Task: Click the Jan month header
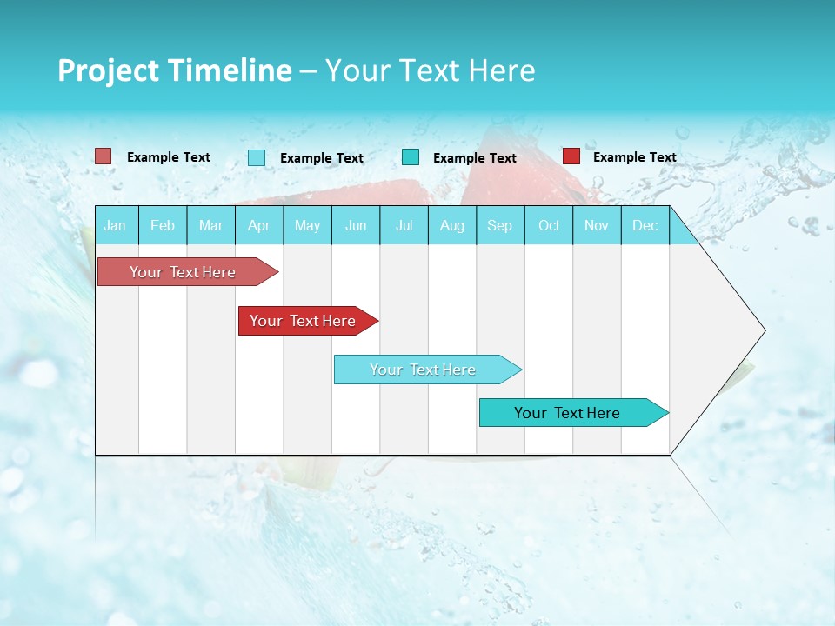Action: coord(115,225)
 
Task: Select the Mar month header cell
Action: coord(210,225)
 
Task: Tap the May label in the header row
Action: coord(307,225)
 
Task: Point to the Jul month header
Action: coord(404,225)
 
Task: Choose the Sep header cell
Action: coord(499,225)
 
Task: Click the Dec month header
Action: coord(645,225)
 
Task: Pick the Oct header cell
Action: coord(549,225)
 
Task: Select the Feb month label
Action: coord(163,225)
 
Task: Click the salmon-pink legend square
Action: coord(104,156)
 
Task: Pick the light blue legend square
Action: coord(257,157)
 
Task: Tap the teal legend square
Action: coord(411,157)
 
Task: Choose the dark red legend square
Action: coord(571,156)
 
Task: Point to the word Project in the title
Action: coord(108,70)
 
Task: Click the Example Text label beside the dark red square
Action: coord(634,157)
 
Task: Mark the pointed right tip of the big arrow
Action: coord(764,330)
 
